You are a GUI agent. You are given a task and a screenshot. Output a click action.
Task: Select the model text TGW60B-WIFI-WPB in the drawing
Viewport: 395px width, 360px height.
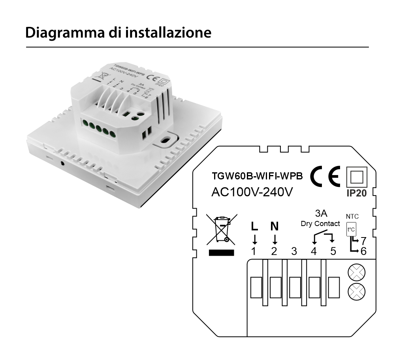click(257, 177)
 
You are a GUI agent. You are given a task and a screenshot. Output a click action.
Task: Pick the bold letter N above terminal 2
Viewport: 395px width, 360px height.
click(274, 226)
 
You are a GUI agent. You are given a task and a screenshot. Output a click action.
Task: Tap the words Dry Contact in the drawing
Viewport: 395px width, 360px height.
click(320, 224)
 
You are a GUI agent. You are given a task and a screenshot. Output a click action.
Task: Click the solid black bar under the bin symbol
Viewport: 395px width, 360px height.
click(221, 252)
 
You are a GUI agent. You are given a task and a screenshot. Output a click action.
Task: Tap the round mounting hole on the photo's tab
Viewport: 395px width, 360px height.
click(167, 139)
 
